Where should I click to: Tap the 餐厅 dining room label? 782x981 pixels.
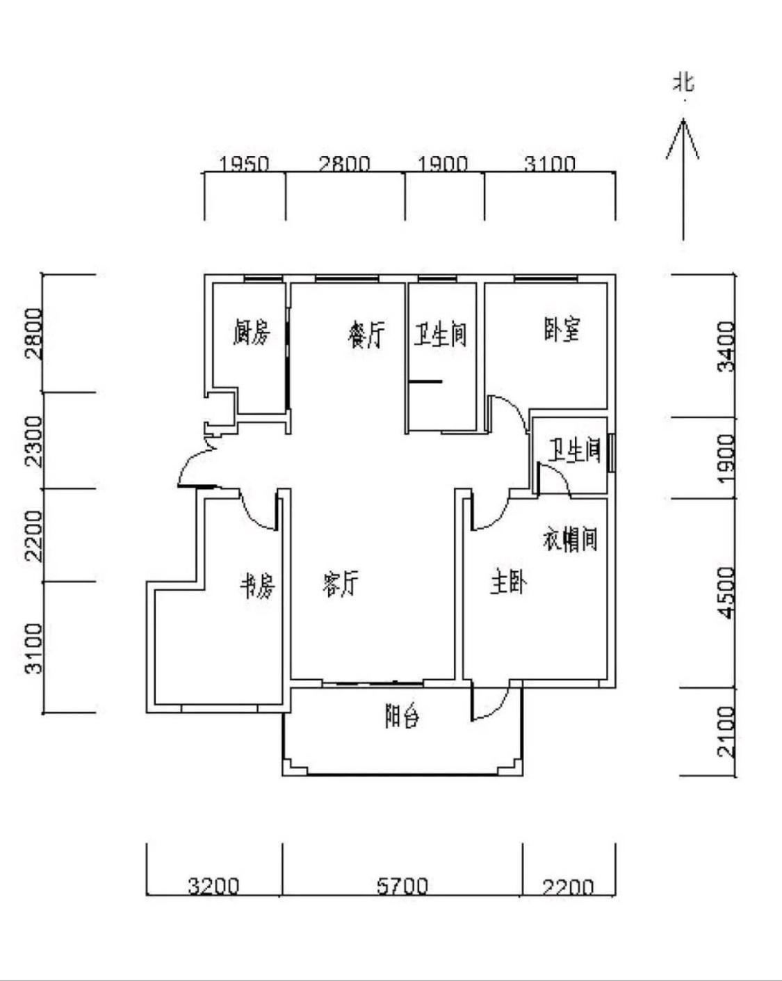click(366, 335)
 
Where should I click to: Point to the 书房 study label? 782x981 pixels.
click(258, 586)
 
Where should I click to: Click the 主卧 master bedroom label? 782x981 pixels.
click(508, 582)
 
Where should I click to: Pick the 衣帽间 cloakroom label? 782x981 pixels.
click(570, 539)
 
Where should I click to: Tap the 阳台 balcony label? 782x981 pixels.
click(402, 716)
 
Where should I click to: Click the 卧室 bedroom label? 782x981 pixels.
click(562, 329)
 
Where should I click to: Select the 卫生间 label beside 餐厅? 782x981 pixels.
click(441, 335)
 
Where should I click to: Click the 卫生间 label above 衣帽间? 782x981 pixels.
click(574, 450)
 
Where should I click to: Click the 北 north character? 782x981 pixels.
click(683, 82)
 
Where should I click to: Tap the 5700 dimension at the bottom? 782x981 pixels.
click(402, 886)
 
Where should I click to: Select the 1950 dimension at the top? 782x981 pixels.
click(244, 164)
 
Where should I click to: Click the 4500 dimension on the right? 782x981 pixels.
click(726, 592)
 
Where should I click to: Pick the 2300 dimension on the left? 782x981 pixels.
click(33, 441)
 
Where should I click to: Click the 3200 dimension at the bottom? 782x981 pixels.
click(213, 886)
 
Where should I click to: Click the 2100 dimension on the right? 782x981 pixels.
click(726, 731)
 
